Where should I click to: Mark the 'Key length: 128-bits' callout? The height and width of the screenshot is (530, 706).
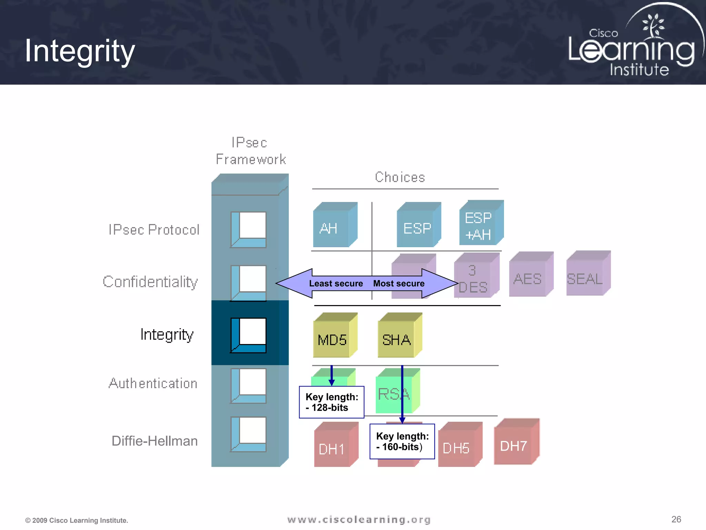(x=332, y=402)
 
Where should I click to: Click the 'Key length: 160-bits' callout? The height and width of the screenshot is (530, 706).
(x=402, y=442)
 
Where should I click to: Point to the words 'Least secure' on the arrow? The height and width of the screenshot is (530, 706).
(x=336, y=284)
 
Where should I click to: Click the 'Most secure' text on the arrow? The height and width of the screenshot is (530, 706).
(x=399, y=284)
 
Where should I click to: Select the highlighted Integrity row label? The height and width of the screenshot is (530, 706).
(x=167, y=334)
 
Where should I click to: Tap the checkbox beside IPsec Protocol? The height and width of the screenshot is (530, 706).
(x=249, y=229)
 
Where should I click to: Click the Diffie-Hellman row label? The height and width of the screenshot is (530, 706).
(x=154, y=441)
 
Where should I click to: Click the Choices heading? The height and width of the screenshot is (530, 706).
(x=400, y=177)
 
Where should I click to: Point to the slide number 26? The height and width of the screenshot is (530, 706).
(x=676, y=519)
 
